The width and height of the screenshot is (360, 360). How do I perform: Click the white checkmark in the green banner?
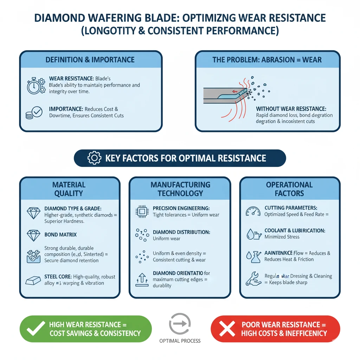(36, 328)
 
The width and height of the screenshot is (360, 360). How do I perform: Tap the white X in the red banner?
(227, 329)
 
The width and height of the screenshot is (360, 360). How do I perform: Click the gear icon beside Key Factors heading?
(94, 158)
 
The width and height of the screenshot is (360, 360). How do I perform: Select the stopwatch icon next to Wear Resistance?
(36, 85)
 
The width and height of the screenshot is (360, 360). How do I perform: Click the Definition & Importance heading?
(90, 59)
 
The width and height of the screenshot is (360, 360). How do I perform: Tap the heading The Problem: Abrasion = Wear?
(267, 59)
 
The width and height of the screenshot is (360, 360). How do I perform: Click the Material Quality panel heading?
(69, 189)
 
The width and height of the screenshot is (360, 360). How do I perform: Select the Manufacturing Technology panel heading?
(180, 189)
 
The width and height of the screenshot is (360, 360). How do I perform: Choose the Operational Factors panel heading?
(289, 189)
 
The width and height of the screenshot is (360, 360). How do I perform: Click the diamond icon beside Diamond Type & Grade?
(34, 213)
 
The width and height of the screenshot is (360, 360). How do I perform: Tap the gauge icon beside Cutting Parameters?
(253, 212)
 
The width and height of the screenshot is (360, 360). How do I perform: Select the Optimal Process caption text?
(180, 341)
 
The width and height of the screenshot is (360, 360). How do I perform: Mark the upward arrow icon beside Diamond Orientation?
(141, 279)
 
